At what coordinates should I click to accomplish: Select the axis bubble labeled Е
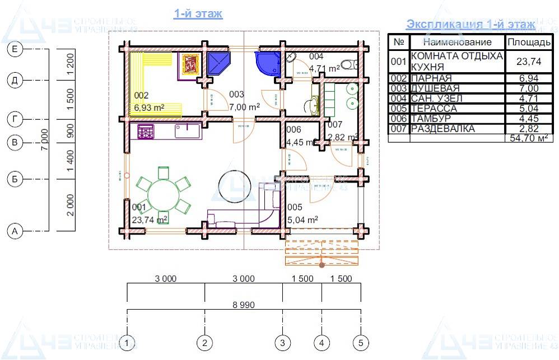tap(15, 50)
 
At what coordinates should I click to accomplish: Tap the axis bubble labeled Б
tap(15, 179)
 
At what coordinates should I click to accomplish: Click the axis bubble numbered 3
tap(283, 342)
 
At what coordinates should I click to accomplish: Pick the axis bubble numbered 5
tap(361, 342)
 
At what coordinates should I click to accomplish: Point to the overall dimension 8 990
tap(244, 305)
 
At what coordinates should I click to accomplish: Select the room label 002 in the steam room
tap(141, 95)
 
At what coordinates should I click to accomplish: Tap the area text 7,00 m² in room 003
tap(244, 106)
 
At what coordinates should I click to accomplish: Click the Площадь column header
tap(528, 42)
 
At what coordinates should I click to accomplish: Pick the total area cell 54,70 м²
tap(528, 138)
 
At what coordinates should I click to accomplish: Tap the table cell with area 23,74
tap(528, 62)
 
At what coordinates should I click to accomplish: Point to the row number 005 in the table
tap(399, 109)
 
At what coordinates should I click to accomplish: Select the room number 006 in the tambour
tap(294, 130)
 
